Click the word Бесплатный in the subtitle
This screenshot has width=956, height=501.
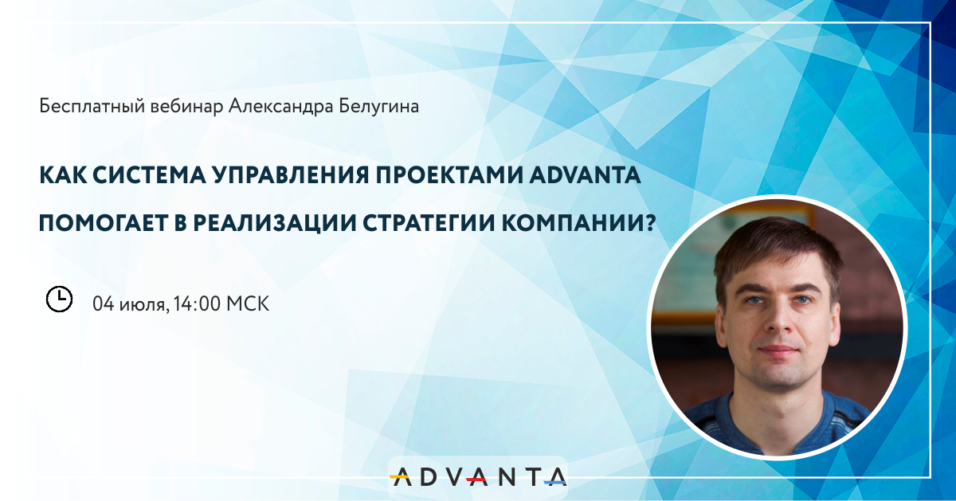click(92, 106)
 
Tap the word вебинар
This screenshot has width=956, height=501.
click(186, 106)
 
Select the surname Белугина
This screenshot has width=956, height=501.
click(379, 107)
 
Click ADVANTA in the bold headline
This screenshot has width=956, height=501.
click(585, 175)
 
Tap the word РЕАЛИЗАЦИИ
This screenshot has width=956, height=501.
click(275, 224)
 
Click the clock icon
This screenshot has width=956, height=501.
click(59, 299)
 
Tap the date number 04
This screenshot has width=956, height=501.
click(104, 304)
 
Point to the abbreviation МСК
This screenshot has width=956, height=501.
click(248, 304)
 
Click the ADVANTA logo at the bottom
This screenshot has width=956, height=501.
click(478, 477)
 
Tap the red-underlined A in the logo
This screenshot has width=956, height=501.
click(477, 477)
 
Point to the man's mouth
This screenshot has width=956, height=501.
click(778, 350)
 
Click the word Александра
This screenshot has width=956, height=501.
click(280, 106)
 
